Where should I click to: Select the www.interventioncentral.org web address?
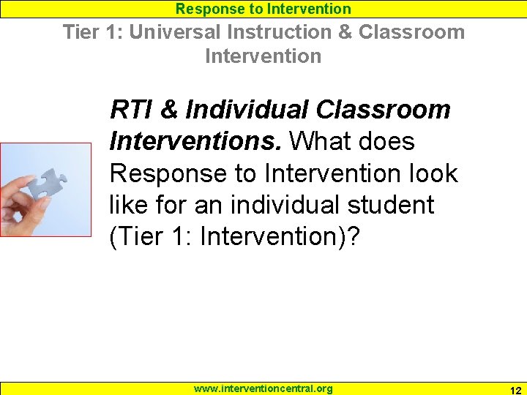point(263,388)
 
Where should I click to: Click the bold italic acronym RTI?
point(130,110)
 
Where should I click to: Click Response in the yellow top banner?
point(207,9)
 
